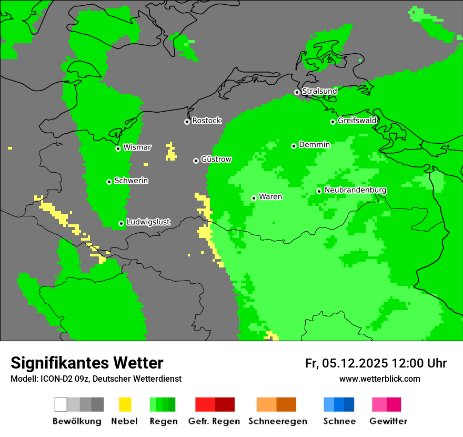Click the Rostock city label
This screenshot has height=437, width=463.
coord(206,121)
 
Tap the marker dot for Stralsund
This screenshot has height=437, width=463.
coord(297,92)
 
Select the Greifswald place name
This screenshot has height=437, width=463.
coord(357,121)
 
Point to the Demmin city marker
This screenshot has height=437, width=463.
coord(294,146)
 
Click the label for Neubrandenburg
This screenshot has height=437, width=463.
coord(355,190)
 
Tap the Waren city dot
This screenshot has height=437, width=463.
coord(254,198)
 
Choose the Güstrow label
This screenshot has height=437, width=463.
coord(216,160)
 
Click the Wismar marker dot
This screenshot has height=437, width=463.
coord(118,148)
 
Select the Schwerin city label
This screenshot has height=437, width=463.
coord(131,181)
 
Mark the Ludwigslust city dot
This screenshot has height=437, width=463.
coord(121,223)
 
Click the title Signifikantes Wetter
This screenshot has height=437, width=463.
coord(87,363)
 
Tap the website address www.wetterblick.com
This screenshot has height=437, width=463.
coord(379,379)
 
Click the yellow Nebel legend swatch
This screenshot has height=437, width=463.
coord(125,404)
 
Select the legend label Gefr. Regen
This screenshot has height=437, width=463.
coord(214,421)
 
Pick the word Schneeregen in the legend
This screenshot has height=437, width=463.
coord(278,421)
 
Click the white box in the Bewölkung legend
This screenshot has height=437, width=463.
coord(61,404)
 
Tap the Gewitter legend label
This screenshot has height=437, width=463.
coord(388,421)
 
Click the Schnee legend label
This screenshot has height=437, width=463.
coord(339,421)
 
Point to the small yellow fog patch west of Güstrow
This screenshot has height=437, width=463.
coord(170,152)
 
